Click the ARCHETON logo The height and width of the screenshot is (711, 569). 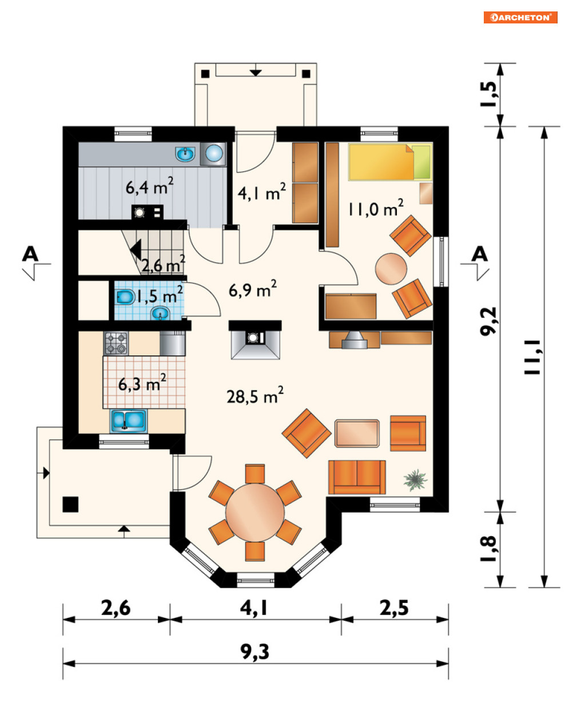[x=520, y=17]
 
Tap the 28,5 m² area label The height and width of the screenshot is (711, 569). [x=255, y=395]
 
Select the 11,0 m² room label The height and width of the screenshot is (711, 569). [x=376, y=208]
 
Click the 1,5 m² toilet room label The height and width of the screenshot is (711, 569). [x=159, y=295]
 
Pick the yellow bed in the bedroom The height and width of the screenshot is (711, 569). [x=390, y=162]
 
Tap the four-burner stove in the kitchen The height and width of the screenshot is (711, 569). [x=116, y=343]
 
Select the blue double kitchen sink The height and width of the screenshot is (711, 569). [x=128, y=421]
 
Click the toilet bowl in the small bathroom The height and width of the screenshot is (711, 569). [x=125, y=297]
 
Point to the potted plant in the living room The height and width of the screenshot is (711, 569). [x=415, y=480]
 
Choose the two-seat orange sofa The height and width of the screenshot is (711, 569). [x=357, y=477]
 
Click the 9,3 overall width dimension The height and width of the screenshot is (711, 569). [x=254, y=652]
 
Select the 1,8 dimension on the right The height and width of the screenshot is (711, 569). [x=488, y=549]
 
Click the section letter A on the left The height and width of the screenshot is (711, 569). [x=30, y=254]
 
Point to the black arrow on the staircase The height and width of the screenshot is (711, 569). [x=136, y=249]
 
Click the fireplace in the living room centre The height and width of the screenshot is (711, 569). [x=255, y=339]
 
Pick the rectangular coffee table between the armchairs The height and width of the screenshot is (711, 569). [x=357, y=433]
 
